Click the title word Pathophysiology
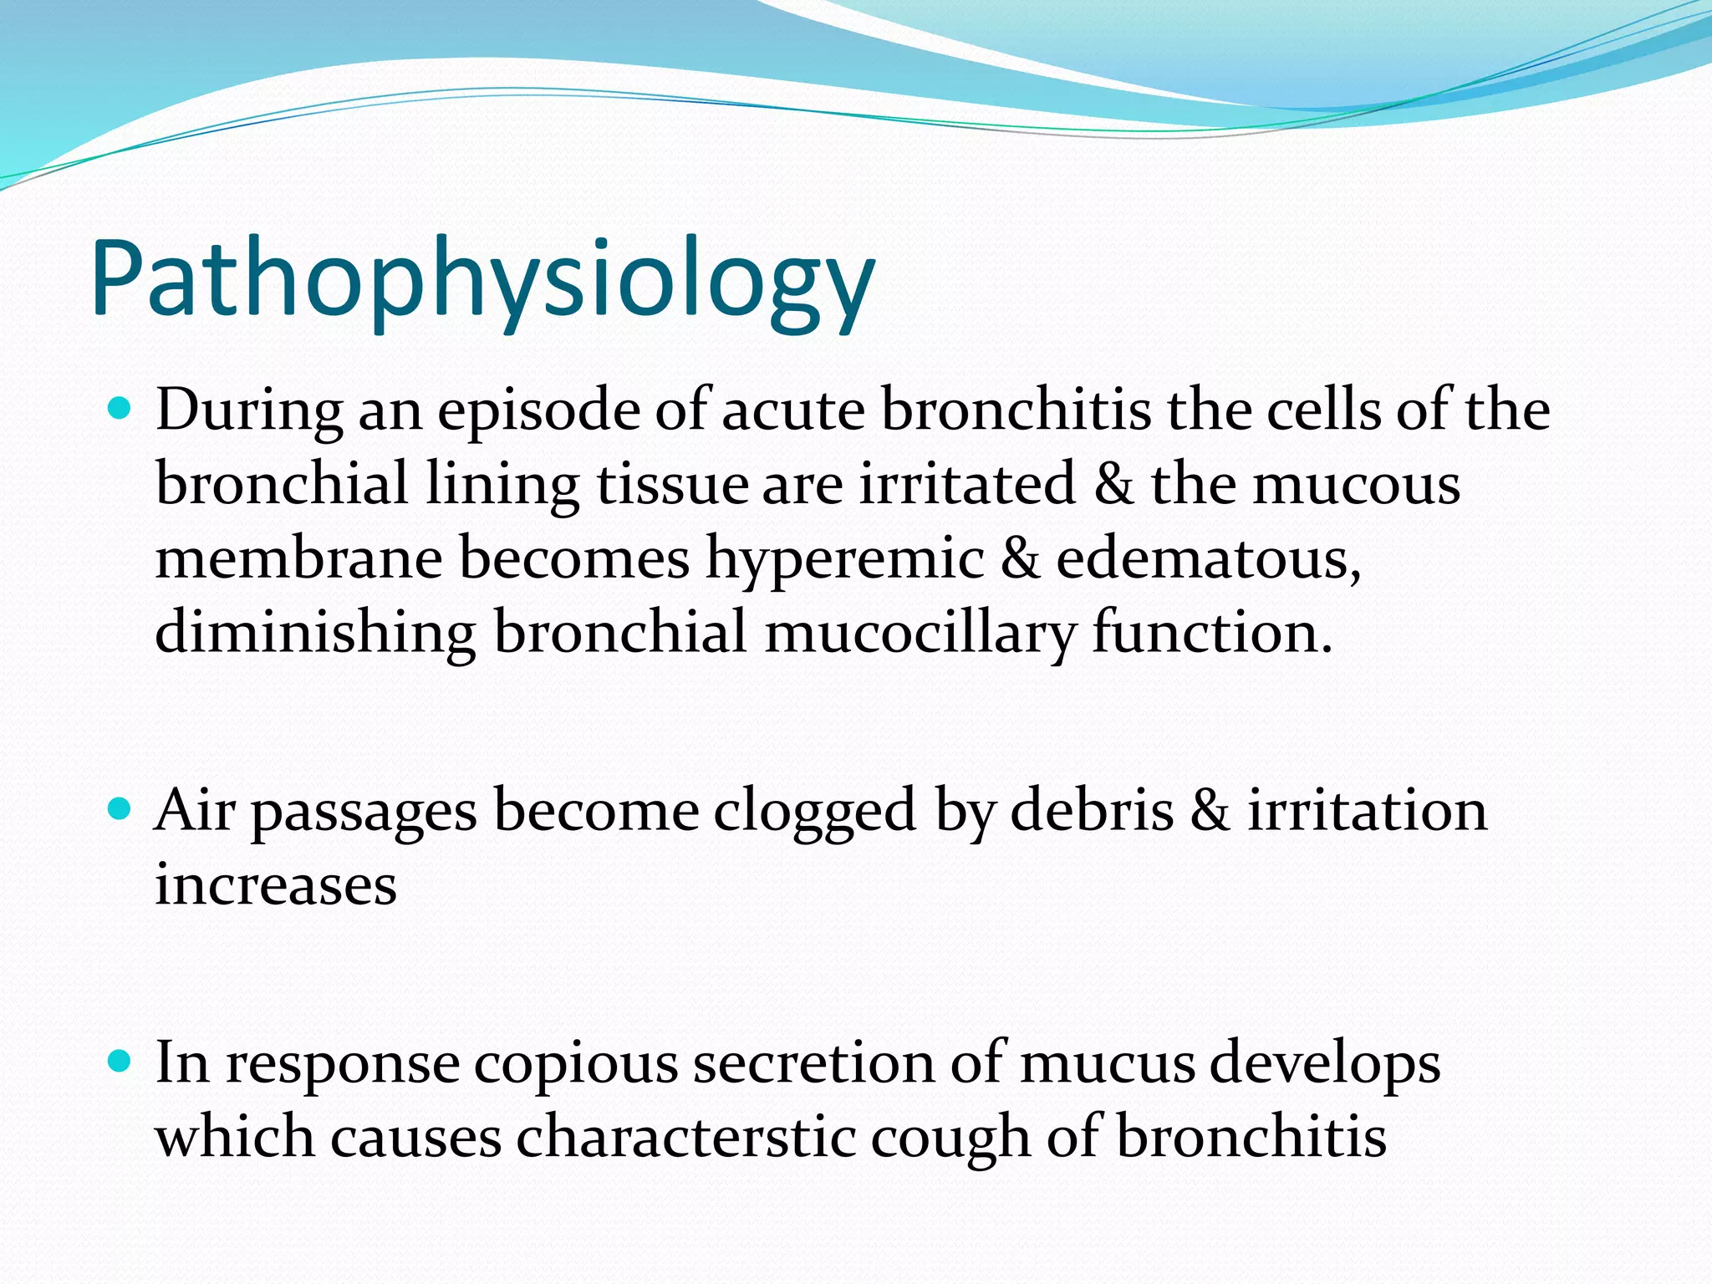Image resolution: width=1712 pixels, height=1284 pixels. point(483,280)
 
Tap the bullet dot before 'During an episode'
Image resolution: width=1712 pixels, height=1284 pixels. point(121,410)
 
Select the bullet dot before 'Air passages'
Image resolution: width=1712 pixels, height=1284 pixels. point(121,809)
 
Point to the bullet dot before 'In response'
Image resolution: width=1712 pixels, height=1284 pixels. point(121,1062)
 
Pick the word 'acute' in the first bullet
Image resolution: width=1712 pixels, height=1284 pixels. point(792,411)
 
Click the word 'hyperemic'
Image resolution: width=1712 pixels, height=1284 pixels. point(845,558)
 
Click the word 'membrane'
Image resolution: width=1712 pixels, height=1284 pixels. point(298,558)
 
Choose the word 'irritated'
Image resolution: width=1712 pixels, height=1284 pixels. point(967,485)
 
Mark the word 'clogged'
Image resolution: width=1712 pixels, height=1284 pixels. point(815,811)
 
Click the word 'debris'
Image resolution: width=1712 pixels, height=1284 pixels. point(1092,811)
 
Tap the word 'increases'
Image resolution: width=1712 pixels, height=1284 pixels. point(276,884)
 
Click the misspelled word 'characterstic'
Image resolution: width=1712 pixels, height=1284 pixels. point(686,1138)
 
